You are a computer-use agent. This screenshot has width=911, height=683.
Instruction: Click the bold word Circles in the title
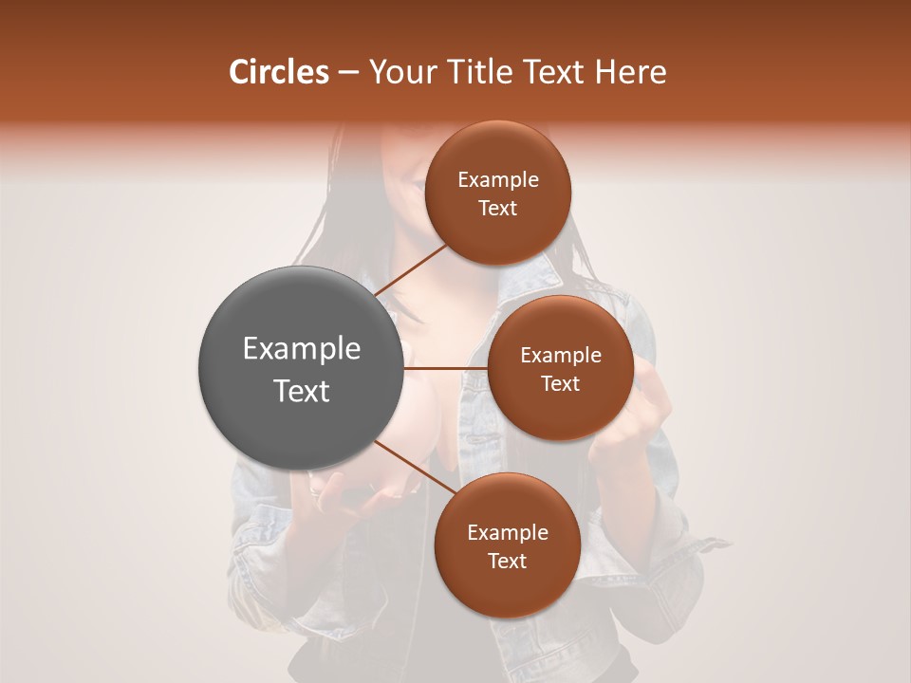point(278,72)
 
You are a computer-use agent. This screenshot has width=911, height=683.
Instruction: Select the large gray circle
point(301,368)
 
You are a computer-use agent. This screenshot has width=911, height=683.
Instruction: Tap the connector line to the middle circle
point(446,368)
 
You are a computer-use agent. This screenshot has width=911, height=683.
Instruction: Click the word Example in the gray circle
point(302,349)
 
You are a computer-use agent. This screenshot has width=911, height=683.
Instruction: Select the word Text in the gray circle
point(302,390)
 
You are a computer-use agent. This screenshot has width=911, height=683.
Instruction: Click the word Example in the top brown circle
point(498,180)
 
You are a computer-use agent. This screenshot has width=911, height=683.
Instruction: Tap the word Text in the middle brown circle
point(560,383)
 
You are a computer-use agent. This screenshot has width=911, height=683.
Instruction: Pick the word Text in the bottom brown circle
point(507,561)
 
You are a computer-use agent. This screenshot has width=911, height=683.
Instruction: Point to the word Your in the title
point(398,72)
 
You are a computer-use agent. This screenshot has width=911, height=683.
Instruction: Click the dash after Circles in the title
point(348,73)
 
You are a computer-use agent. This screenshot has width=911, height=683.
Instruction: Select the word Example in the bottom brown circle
point(507,532)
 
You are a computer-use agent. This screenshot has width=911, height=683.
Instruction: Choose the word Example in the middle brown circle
point(561,355)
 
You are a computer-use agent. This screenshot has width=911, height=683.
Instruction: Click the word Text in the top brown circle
point(497,208)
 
